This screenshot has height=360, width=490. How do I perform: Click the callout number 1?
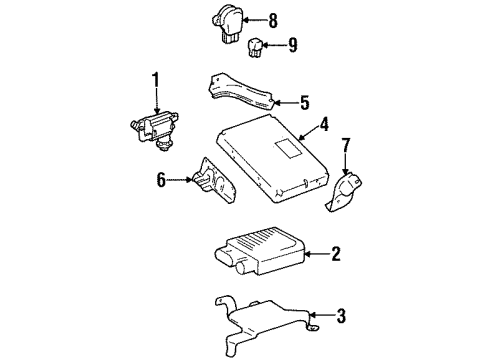coord(156,80)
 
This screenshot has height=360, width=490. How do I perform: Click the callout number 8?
coord(274,18)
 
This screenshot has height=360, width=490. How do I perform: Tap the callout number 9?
coord(293,44)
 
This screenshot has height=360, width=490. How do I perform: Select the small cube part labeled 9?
coord(258,46)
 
